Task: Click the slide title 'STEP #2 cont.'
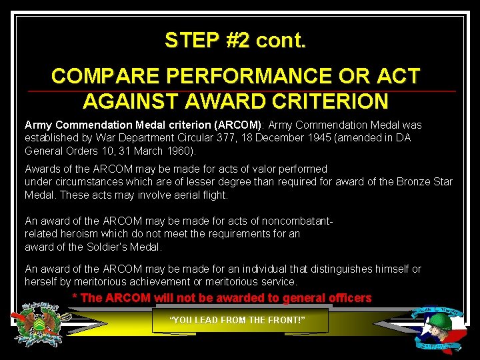pyautogui.click(x=235, y=41)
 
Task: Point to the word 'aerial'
pyautogui.click(x=183, y=195)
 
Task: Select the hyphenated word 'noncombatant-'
pyautogui.click(x=298, y=221)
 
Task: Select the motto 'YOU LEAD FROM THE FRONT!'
pyautogui.click(x=238, y=320)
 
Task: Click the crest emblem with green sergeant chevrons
pyautogui.click(x=42, y=325)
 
